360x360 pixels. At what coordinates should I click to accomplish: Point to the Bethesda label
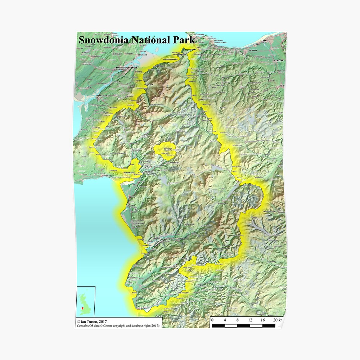tap(149, 84)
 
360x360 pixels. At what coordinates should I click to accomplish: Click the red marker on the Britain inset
tap(82, 308)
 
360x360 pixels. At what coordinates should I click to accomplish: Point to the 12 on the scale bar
tap(250, 320)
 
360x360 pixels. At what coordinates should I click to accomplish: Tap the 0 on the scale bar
tap(212, 320)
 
